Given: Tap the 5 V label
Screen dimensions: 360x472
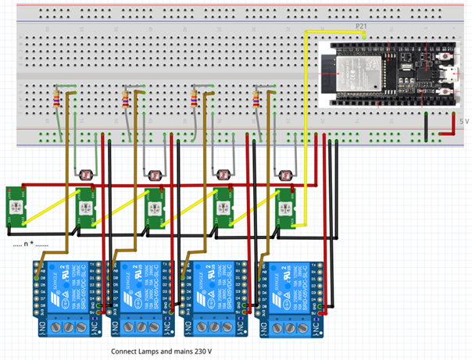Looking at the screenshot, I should click(463, 121).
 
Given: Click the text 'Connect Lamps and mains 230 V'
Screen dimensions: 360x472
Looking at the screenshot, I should click(162, 351).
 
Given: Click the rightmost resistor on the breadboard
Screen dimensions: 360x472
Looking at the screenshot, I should click(256, 99).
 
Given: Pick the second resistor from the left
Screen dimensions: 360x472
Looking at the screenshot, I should click(126, 99).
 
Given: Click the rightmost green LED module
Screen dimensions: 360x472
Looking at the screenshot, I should click(288, 208).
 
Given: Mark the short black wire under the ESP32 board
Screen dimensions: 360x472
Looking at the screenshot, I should click(426, 123).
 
